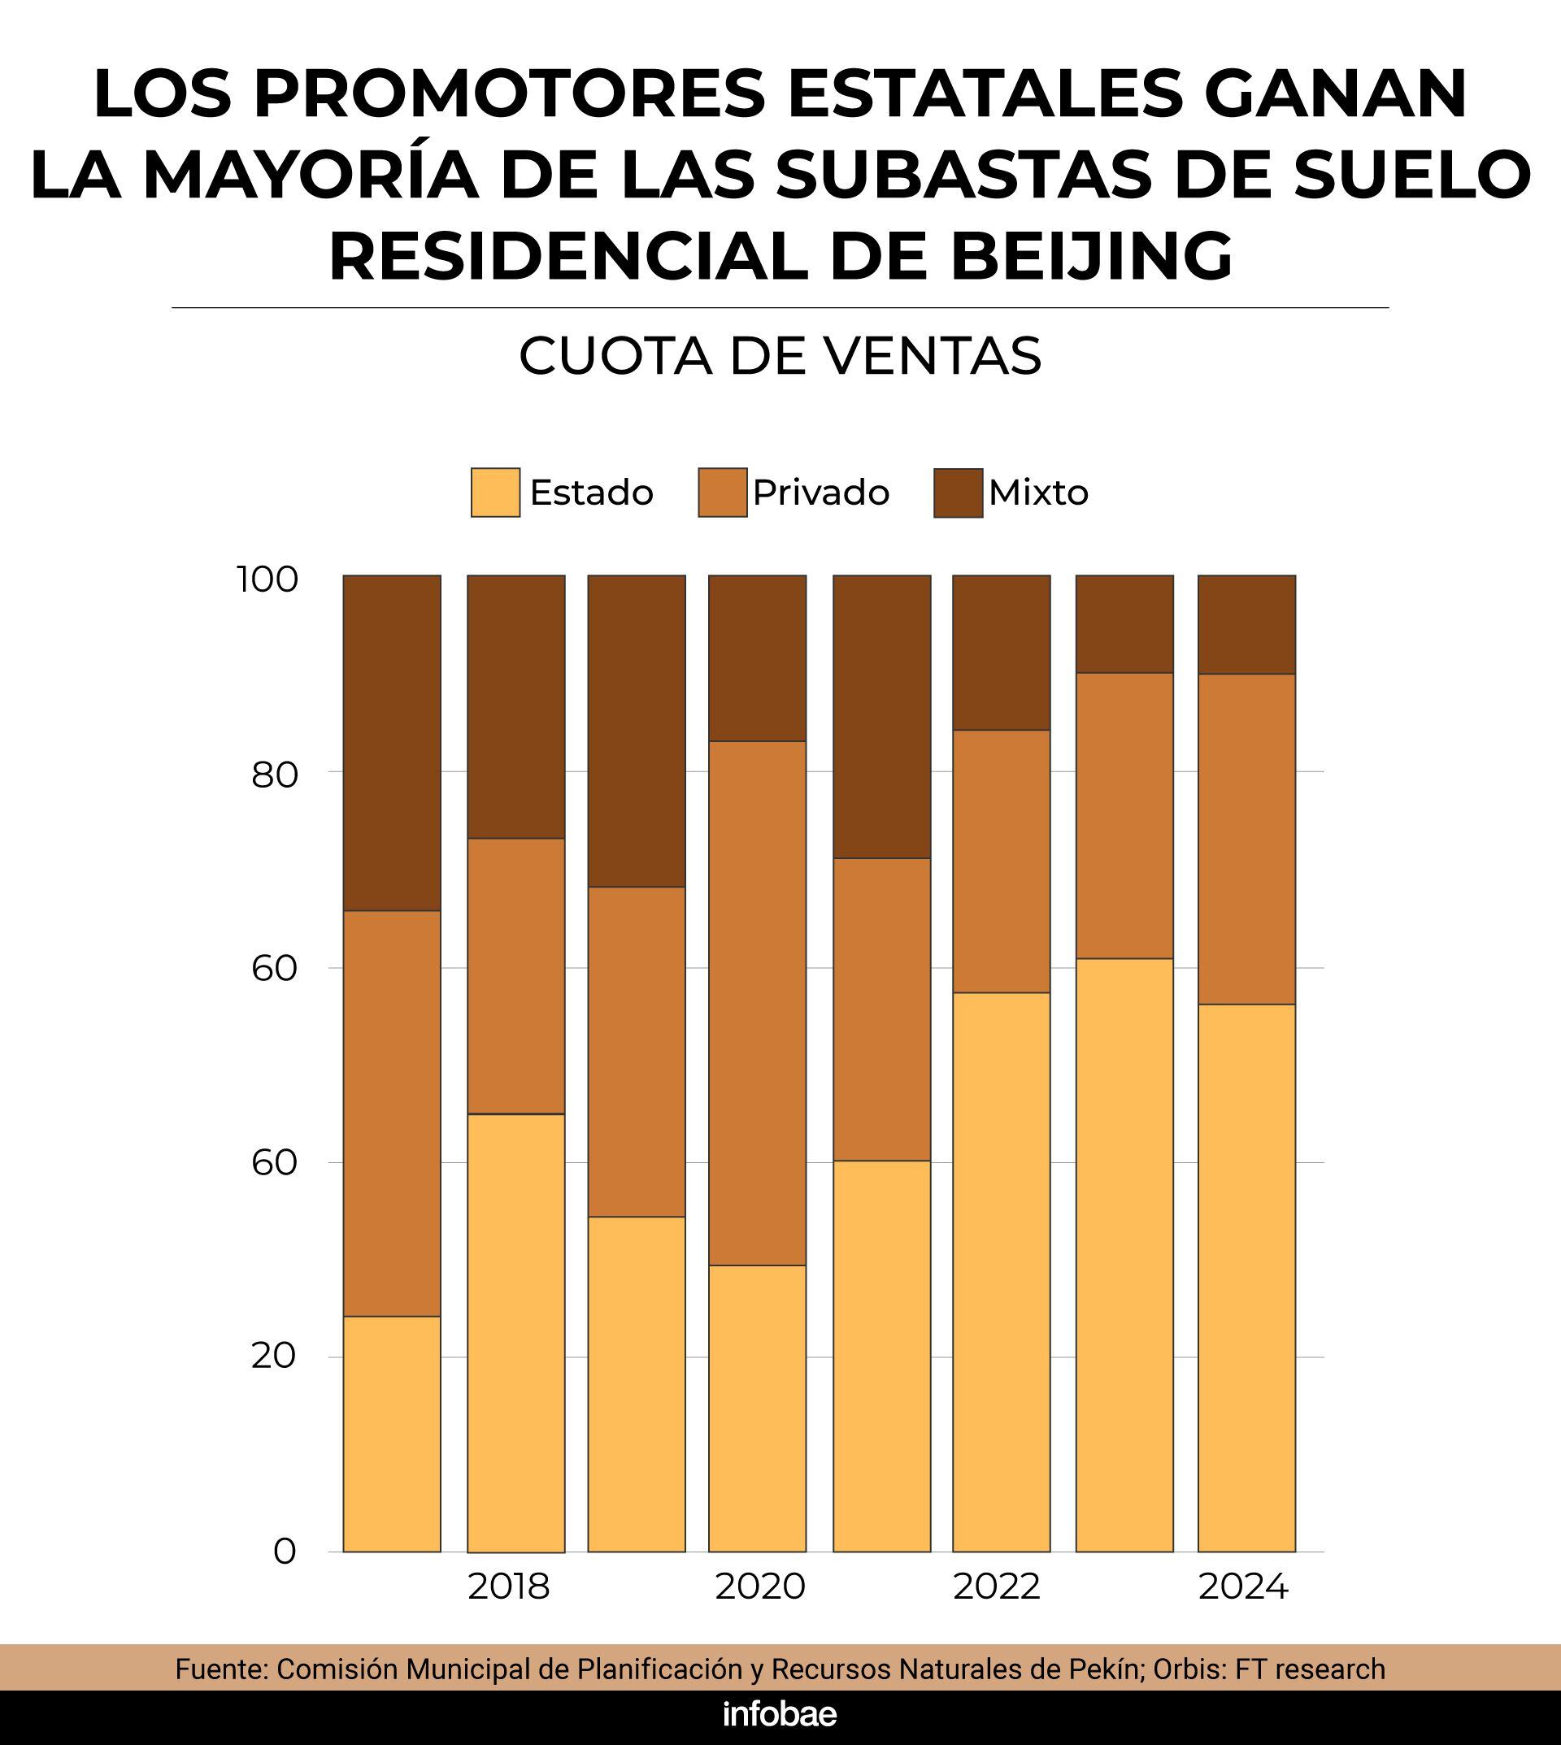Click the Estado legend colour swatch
(x=495, y=493)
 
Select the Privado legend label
(x=821, y=493)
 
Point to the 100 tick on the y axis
(x=267, y=579)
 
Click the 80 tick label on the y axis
(x=275, y=775)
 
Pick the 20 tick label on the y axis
(x=274, y=1356)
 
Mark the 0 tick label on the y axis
(x=285, y=1552)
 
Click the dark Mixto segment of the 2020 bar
(x=758, y=658)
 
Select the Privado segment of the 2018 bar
(x=516, y=976)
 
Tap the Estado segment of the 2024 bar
(x=1246, y=1278)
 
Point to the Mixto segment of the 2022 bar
(x=1001, y=653)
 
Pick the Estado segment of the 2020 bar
(x=758, y=1408)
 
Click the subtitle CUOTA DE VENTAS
(x=780, y=356)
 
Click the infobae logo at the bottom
(x=780, y=1714)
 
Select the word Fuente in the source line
(x=223, y=1669)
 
